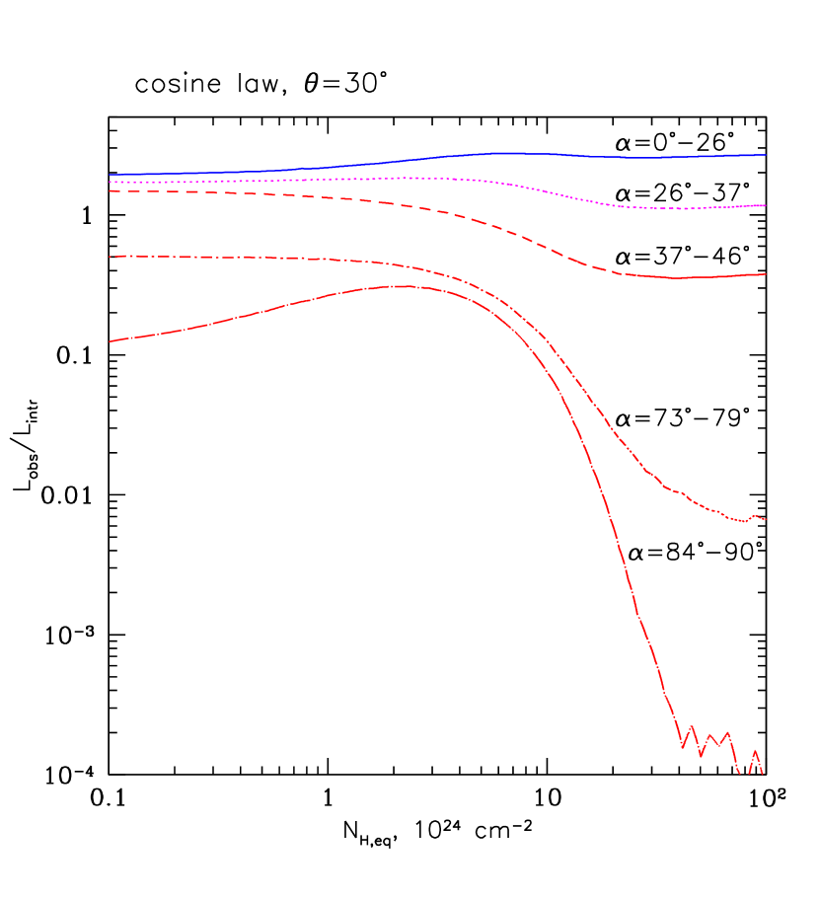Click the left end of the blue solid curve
coord(110,175)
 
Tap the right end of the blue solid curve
coord(766,155)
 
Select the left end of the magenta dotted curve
coord(110,183)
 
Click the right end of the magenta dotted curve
coord(766,205)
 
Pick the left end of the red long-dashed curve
coord(110,191)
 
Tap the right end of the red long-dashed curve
coord(766,274)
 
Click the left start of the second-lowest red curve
coord(110,257)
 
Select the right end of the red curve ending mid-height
coord(766,519)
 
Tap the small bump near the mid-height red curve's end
coord(756,515)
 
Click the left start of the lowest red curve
coord(110,341)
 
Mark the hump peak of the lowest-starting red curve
coord(405,286)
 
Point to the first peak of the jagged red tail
coord(692,726)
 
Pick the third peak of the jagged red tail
coord(727,732)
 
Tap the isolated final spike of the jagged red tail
coord(755,751)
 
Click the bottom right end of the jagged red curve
coord(762,774)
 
